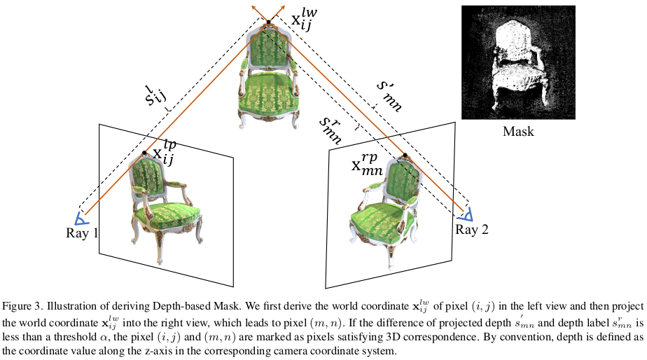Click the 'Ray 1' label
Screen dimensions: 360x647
tap(82, 233)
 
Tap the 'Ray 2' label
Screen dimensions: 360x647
tap(472, 229)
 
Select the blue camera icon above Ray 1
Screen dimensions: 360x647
tap(81, 218)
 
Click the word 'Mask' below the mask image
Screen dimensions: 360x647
tap(518, 130)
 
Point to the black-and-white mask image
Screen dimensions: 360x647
tap(518, 62)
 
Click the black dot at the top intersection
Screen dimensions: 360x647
tap(267, 25)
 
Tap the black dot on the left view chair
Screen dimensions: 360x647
tap(144, 152)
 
